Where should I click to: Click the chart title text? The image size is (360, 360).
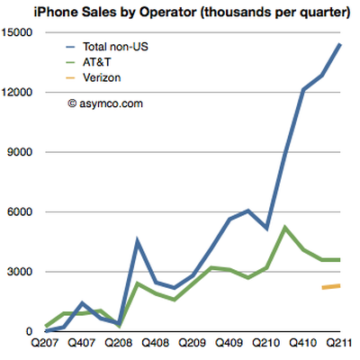(x=192, y=13)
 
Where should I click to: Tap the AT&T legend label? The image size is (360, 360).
(x=97, y=62)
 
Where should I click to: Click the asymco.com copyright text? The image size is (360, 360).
(x=105, y=103)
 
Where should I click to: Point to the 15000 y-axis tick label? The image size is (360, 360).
(x=17, y=32)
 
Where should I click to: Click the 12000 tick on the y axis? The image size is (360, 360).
(x=17, y=92)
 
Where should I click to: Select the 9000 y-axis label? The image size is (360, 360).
(x=20, y=152)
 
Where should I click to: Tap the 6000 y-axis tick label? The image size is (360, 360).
(x=20, y=211)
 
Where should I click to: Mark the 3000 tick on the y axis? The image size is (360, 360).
(x=20, y=272)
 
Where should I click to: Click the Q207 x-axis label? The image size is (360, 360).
(x=45, y=343)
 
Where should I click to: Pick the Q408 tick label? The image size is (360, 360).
(x=156, y=343)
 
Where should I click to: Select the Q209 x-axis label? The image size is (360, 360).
(x=193, y=343)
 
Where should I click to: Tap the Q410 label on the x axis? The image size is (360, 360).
(x=303, y=343)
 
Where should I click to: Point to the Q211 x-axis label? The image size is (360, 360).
(x=339, y=343)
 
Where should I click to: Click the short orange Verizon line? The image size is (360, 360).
(x=331, y=287)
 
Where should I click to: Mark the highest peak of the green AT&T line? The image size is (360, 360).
(x=284, y=228)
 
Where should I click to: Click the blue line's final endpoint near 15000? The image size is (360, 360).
(x=340, y=44)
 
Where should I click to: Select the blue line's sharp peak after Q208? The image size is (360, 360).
(x=137, y=239)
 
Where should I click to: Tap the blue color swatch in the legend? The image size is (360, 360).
(x=70, y=47)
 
